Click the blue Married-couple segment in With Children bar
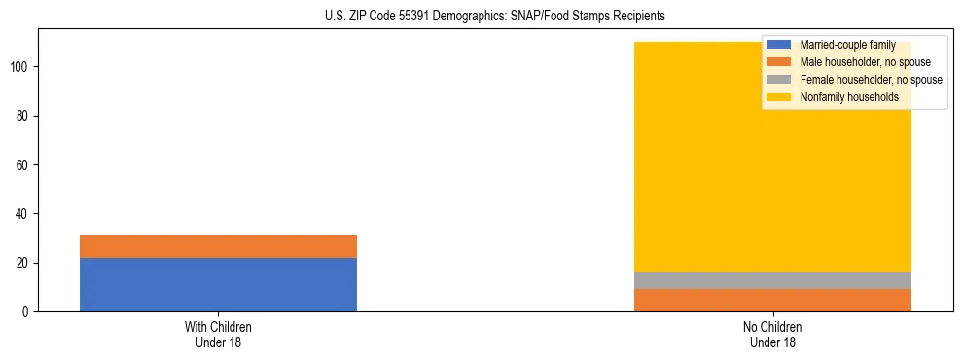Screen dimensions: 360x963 (218, 284)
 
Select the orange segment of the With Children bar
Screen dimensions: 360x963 (218, 246)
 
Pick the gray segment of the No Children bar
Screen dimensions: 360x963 (772, 280)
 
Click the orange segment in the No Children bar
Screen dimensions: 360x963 (772, 300)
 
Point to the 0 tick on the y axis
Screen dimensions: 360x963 (26, 311)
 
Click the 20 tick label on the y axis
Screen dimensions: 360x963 (23, 263)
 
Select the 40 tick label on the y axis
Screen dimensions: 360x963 (23, 214)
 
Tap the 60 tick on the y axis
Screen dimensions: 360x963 (23, 165)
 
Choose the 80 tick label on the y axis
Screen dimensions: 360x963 (23, 116)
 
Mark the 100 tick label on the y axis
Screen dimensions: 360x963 (20, 67)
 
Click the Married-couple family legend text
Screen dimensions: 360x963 (842, 45)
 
